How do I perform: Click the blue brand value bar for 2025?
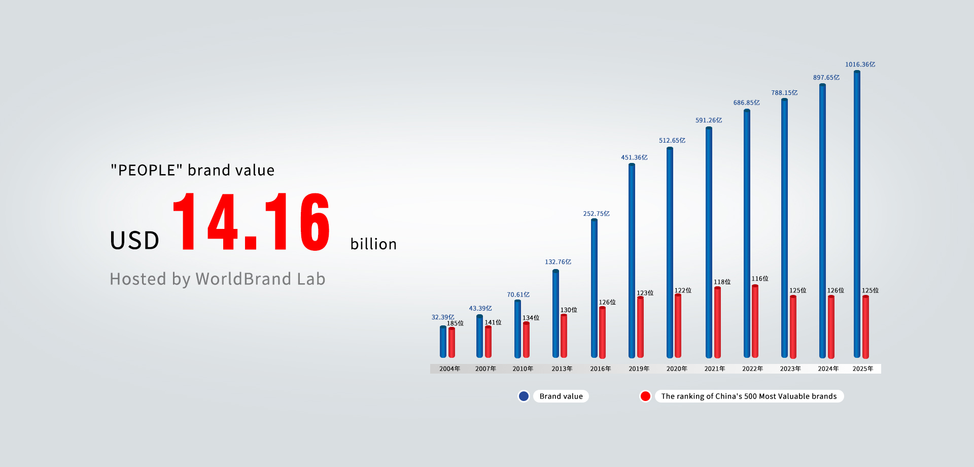pyautogui.click(x=857, y=214)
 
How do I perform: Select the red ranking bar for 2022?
pyautogui.click(x=755, y=321)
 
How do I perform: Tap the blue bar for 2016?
pyautogui.click(x=594, y=288)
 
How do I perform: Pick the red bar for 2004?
pyautogui.click(x=451, y=343)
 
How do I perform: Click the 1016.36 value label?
pyautogui.click(x=860, y=64)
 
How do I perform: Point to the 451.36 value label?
pyautogui.click(x=634, y=157)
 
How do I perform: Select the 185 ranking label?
pyautogui.click(x=455, y=323)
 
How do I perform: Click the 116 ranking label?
pyautogui.click(x=760, y=279)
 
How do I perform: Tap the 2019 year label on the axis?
pyautogui.click(x=639, y=369)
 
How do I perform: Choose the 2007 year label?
pyautogui.click(x=485, y=369)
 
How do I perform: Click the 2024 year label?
pyautogui.click(x=828, y=369)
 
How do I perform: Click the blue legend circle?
pyautogui.click(x=524, y=396)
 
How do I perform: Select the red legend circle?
pyautogui.click(x=645, y=396)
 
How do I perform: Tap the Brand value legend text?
pyautogui.click(x=561, y=396)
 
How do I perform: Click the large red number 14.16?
pyautogui.click(x=252, y=222)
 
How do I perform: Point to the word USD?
pyautogui.click(x=135, y=240)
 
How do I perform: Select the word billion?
pyautogui.click(x=373, y=244)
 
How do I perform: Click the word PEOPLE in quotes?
pyautogui.click(x=147, y=170)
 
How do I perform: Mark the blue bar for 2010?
pyautogui.click(x=517, y=329)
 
